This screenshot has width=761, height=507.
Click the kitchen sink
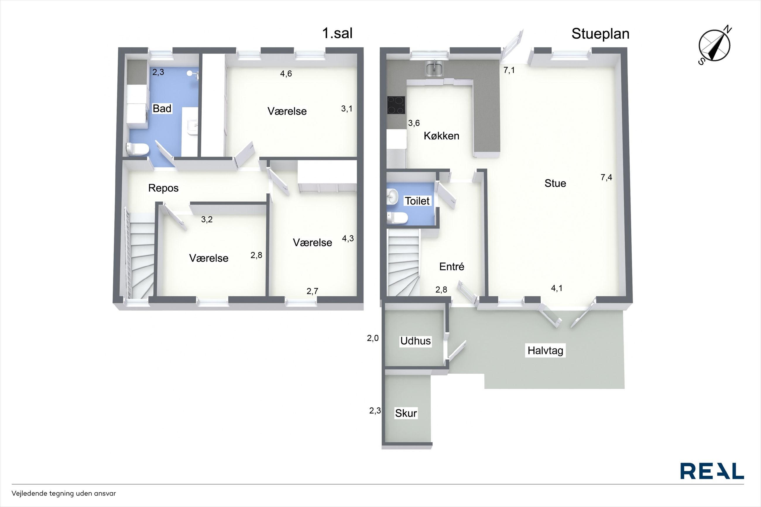[435, 68]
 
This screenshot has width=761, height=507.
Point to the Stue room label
[555, 183]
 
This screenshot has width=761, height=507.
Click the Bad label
[162, 108]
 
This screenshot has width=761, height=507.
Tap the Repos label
[163, 188]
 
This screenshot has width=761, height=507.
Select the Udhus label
[415, 341]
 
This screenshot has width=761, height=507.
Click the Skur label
[406, 413]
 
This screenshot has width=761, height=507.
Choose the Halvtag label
[545, 350]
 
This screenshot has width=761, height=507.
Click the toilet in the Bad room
[138, 149]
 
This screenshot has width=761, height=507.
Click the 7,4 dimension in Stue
[606, 177]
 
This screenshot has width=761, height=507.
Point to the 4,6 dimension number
[286, 74]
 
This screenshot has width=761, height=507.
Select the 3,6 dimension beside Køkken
[414, 123]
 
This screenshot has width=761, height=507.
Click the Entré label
[452, 267]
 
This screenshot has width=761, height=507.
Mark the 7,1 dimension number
[509, 70]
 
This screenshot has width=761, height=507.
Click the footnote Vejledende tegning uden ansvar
[64, 494]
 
